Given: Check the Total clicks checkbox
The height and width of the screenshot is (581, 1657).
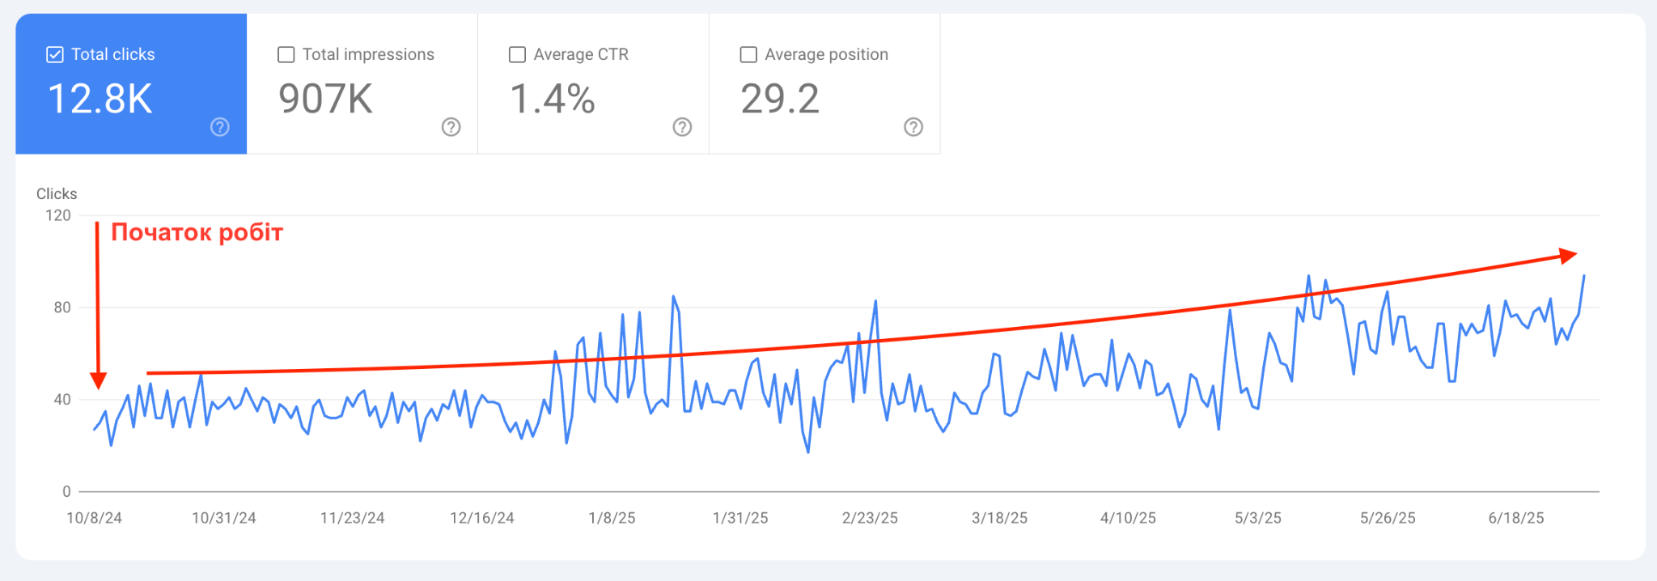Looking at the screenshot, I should point(55,54).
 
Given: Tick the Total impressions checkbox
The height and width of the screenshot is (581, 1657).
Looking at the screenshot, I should point(286,54).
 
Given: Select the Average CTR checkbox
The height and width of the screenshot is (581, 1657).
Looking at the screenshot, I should point(517,54).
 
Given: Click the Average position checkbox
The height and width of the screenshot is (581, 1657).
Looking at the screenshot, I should point(748,54).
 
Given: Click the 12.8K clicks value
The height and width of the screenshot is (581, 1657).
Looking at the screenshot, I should point(100,99).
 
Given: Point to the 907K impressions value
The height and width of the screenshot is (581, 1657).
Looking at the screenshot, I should point(325,99).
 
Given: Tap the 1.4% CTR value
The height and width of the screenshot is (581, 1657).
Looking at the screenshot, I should point(553,99).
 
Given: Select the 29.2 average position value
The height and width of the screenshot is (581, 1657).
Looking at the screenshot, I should point(780,99).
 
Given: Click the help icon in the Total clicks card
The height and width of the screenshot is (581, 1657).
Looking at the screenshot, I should point(220,127).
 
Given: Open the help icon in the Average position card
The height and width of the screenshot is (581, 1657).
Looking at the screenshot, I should point(913,127).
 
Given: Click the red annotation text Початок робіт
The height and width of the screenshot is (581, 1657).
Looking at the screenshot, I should point(197,233).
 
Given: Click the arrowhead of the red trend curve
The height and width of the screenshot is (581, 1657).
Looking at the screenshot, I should point(1570,256).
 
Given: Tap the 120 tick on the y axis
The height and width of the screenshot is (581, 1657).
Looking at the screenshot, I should point(58,215).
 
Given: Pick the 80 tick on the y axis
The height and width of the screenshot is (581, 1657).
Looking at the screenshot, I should point(62,307).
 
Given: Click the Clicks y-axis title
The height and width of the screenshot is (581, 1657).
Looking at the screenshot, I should point(57,194).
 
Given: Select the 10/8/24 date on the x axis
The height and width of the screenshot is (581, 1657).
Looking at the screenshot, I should point(94,518).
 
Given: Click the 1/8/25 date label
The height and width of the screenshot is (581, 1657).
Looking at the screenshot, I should point(612,518).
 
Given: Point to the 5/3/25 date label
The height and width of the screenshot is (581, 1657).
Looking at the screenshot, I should point(1257,518).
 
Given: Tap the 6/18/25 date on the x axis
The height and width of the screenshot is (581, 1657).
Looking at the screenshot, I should point(1515,518).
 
